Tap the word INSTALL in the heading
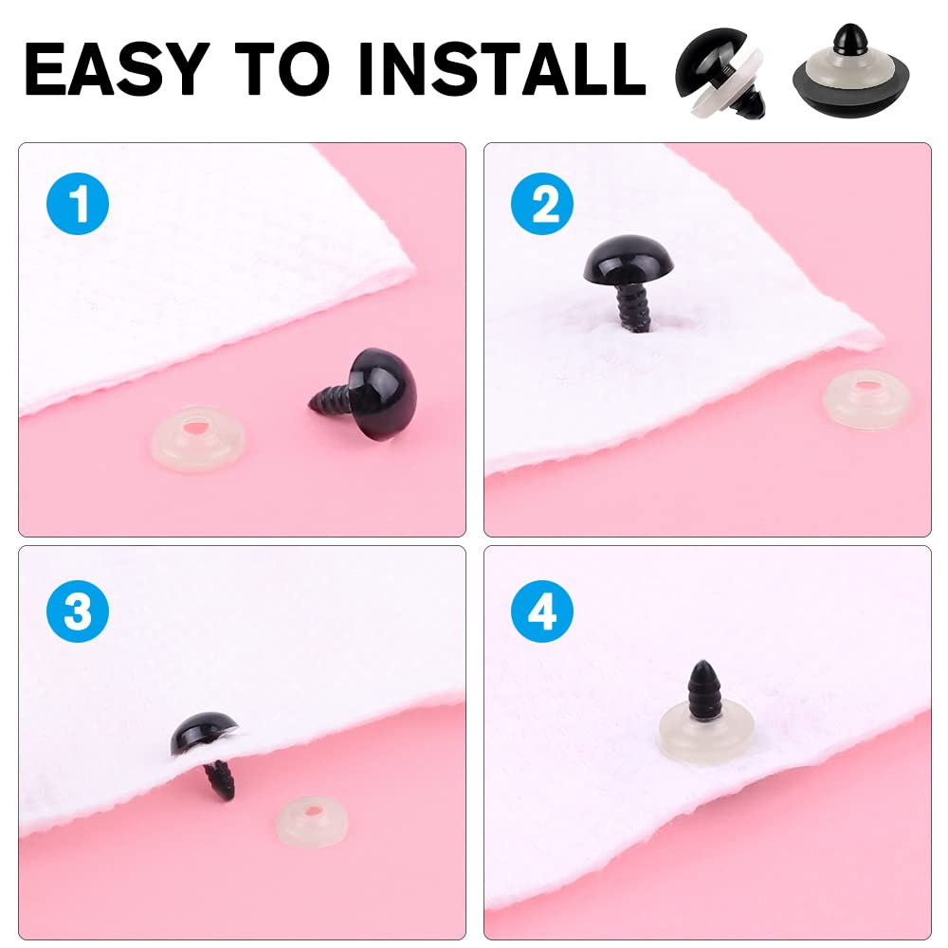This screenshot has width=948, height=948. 501,68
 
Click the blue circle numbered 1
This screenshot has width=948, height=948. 78,204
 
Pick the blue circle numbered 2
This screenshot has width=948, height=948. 542,204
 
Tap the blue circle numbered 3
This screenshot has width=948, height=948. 78,611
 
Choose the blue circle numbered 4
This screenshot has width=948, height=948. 542,611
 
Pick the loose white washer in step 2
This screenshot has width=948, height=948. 866,399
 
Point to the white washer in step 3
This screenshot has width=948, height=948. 311,820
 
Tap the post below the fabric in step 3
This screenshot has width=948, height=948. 221,780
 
